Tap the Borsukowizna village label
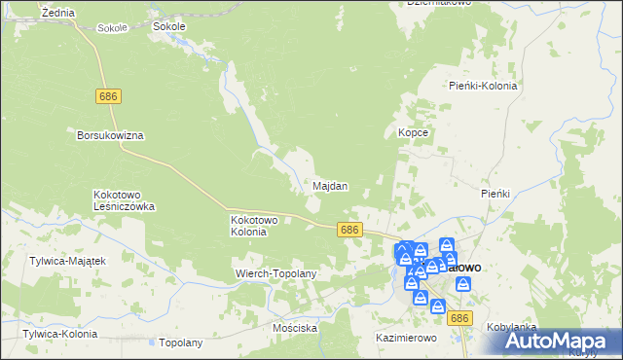pos(110,135)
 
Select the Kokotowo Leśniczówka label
pos(124,200)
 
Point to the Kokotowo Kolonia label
pos(255,226)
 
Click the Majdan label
pos(330,186)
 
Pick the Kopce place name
pos(414,131)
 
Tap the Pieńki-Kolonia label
pos(483,86)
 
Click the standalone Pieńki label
pos(495,194)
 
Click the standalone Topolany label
pos(180,342)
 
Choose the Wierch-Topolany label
pos(277,274)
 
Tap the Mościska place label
pos(296,328)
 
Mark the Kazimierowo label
pos(406,338)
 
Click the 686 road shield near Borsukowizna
pos(109,96)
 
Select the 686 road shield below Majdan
pos(351,230)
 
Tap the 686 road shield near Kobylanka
pos(460,318)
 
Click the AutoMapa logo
pos(563,341)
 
